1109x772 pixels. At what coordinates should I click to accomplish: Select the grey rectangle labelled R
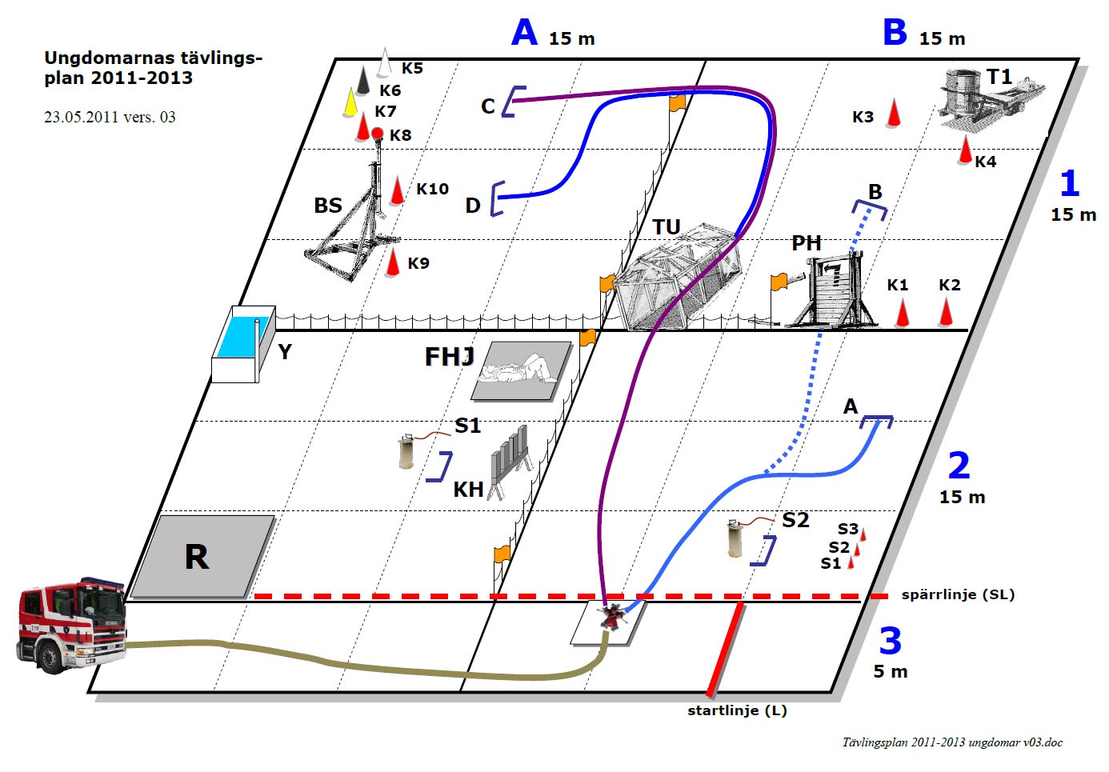(202, 557)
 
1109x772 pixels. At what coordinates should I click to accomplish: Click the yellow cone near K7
(350, 102)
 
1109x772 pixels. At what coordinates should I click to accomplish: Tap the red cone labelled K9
(392, 262)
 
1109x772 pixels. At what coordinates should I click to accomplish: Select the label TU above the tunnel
(666, 227)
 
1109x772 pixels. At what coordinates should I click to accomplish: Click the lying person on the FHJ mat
(518, 369)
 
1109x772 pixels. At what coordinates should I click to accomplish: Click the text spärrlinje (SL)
(958, 594)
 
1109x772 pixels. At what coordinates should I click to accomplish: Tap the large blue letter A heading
(524, 33)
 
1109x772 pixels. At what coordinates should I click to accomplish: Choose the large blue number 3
(891, 642)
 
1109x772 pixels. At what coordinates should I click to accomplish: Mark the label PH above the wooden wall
(806, 242)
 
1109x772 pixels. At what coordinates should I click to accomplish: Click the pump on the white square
(612, 617)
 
